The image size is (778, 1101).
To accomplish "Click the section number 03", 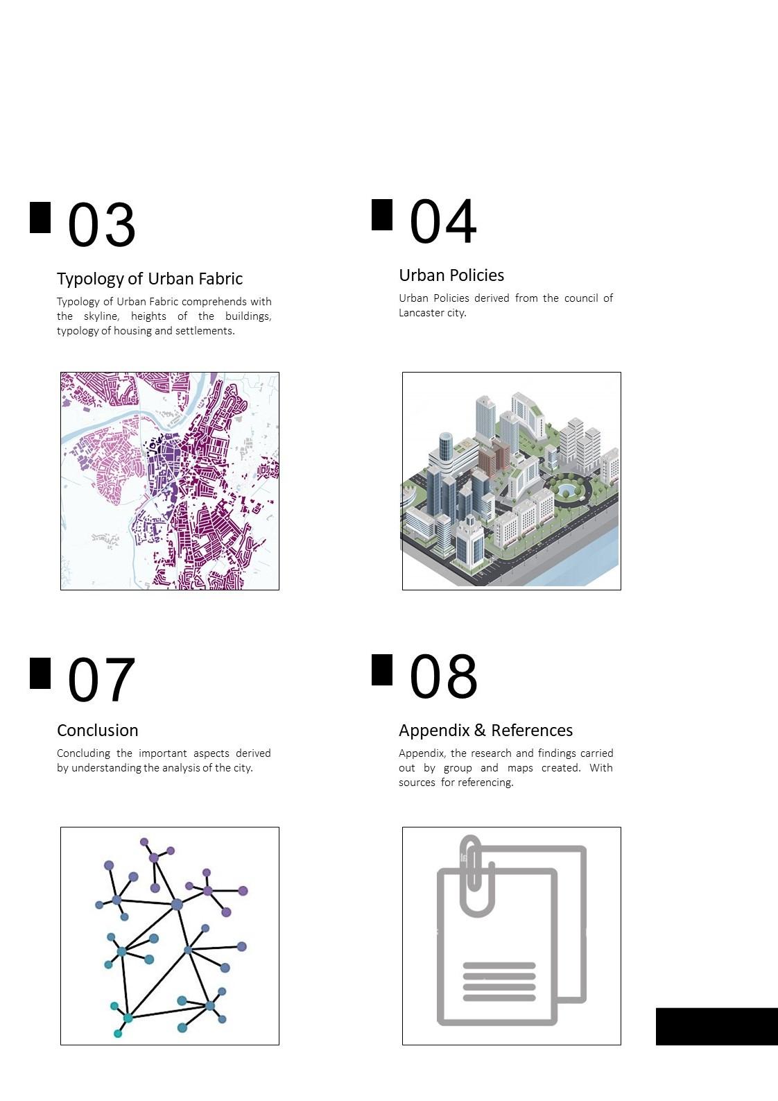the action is pos(101,225).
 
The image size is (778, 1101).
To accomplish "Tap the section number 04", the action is pos(443,221).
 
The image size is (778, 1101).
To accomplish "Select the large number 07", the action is pos(101,680).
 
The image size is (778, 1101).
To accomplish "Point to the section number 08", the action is pos(443,676).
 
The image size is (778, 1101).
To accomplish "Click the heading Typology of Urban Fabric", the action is pos(150,279).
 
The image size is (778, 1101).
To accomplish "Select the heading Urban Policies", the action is pos(451,275).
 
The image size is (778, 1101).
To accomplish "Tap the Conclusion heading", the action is pos(97,731).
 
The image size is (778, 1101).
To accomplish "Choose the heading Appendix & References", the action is pos(486,731).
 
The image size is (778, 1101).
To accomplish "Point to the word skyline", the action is pos(101,316).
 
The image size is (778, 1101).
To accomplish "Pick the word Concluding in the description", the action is pos(83,753).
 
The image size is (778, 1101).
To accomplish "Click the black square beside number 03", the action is pos(40,217).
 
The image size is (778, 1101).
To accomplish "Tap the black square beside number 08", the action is pos(382,669).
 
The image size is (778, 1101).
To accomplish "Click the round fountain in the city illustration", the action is pos(566,489).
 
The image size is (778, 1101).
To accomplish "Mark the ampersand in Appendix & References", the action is pos(480,731).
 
